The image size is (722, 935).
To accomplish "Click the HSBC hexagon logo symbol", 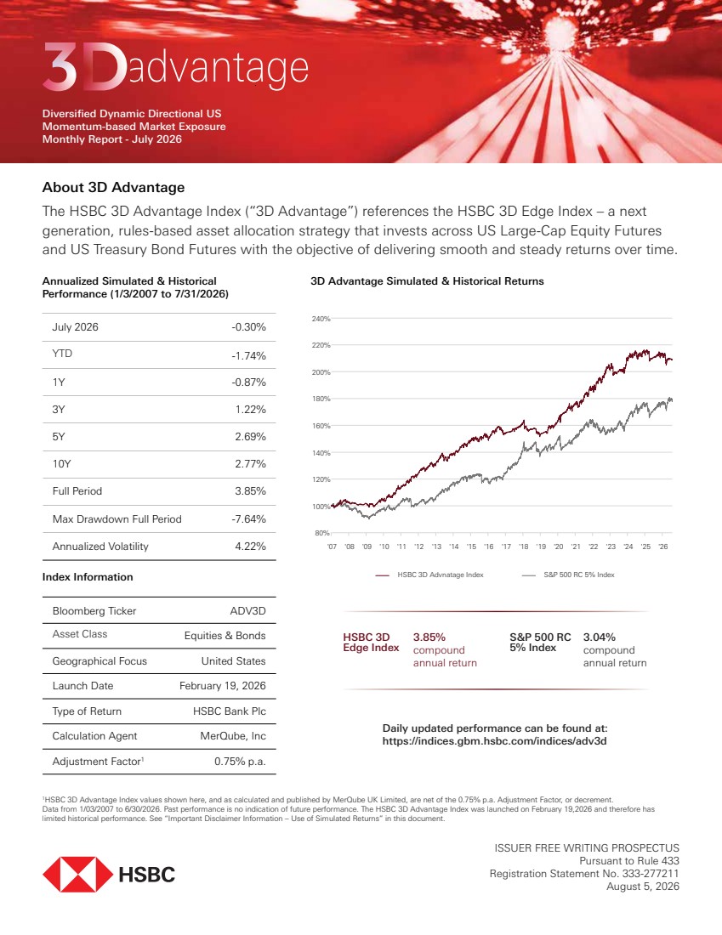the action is [77, 874].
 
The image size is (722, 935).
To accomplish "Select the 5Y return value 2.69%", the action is [250, 437].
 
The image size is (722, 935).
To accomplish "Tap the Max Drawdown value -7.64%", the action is [249, 518].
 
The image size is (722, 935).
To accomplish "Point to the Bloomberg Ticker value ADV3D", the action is [247, 610].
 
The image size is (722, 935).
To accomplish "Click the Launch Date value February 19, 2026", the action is [223, 686].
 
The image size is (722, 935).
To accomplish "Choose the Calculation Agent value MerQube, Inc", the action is [233, 736].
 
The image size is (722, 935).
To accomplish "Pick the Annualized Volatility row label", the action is [100, 547].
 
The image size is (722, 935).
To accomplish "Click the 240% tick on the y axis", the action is [321, 319].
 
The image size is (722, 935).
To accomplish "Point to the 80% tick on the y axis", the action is [322, 533].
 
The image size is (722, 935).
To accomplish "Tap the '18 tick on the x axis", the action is [523, 547].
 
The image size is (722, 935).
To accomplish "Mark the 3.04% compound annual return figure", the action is [599, 637].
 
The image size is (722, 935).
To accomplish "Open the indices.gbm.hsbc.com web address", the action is [495, 741].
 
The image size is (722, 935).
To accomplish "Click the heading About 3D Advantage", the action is [113, 187].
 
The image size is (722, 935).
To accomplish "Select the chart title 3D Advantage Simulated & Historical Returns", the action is [427, 280].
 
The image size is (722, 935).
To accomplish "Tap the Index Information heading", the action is [88, 576].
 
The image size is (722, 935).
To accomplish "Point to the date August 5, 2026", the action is [643, 886].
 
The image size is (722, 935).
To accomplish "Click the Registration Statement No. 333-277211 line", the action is [584, 874].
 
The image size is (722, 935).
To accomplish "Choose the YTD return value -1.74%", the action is [249, 355].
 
